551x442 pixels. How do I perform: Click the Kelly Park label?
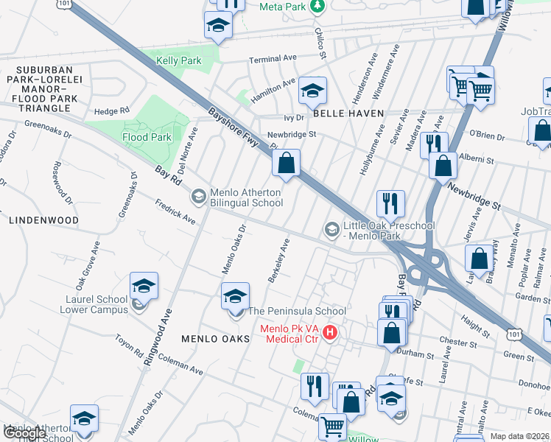[178, 60]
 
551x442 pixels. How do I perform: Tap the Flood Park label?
[147, 137]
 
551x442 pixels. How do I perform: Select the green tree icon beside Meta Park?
[317, 6]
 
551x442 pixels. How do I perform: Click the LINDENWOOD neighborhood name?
[43, 220]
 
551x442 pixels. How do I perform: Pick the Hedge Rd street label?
[111, 111]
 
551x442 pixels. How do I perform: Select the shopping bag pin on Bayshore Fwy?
[287, 162]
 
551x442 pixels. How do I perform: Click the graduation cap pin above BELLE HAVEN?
[312, 91]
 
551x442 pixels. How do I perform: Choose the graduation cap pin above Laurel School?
[144, 285]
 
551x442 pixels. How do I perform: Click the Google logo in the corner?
[24, 433]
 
